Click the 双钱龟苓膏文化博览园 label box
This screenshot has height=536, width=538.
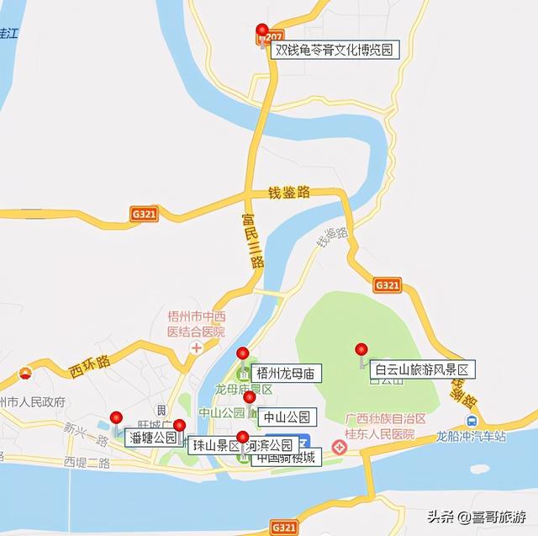click(x=334, y=50)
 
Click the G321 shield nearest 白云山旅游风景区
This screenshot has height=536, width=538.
click(x=387, y=285)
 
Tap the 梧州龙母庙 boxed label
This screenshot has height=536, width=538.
click(x=286, y=373)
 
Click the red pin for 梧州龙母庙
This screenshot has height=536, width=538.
click(x=243, y=354)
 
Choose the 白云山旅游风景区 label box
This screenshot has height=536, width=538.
click(x=424, y=369)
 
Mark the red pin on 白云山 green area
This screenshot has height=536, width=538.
click(x=361, y=349)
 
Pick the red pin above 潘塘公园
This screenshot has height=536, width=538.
click(x=116, y=418)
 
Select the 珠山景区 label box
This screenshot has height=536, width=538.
click(x=214, y=445)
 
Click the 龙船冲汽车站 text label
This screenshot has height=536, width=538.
click(x=471, y=437)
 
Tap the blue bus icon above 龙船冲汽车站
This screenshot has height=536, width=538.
click(x=472, y=421)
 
